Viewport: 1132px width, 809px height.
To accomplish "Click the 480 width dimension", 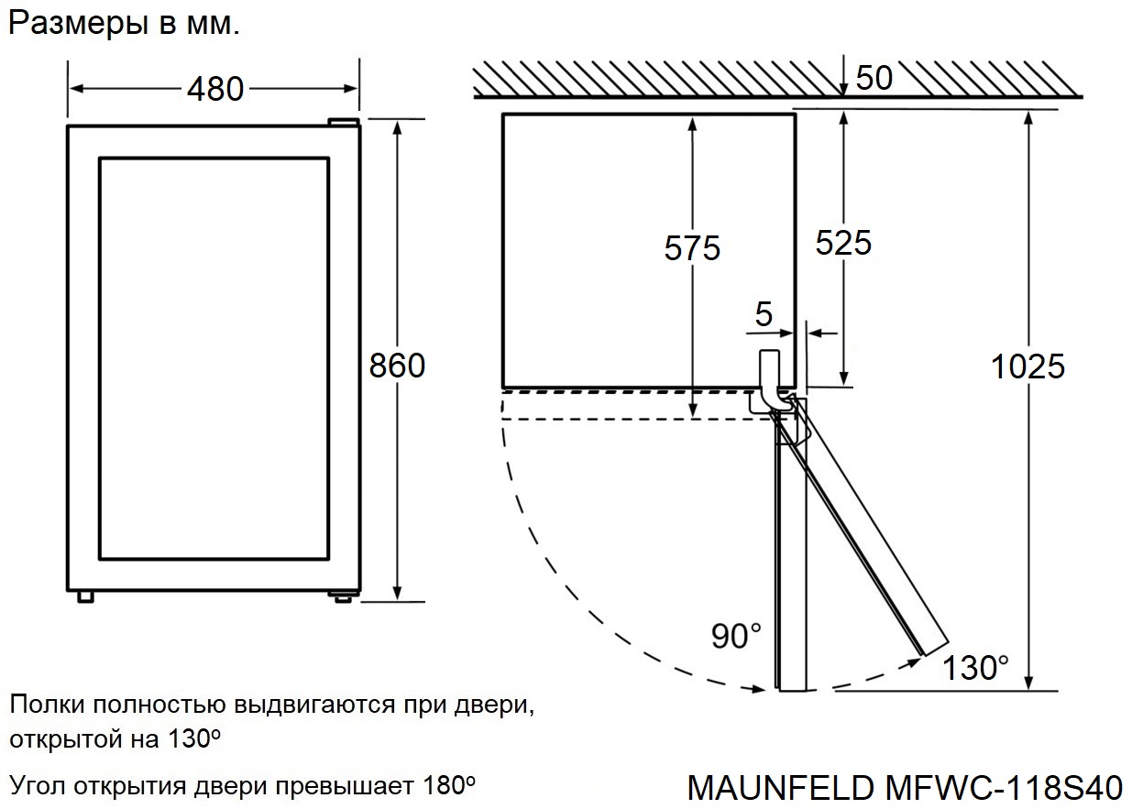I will click(x=215, y=89).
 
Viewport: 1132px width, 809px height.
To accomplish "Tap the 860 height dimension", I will click(x=397, y=366).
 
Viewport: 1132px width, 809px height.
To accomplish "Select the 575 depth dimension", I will click(x=693, y=247).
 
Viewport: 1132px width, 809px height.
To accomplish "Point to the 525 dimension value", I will click(x=843, y=242).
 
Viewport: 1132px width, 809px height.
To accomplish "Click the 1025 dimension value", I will click(x=1028, y=366).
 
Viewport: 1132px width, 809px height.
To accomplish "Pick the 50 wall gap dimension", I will click(x=874, y=79).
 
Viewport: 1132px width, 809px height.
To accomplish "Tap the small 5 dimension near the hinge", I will click(x=764, y=315).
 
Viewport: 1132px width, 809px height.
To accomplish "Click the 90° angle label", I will click(x=736, y=635).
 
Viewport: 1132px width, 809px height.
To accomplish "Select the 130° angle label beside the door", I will click(x=978, y=668).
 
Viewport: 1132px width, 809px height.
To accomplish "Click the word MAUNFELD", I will click(x=780, y=787).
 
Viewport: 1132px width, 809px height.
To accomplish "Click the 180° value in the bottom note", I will click(x=449, y=785).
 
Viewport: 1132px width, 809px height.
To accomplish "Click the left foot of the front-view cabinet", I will click(x=85, y=596).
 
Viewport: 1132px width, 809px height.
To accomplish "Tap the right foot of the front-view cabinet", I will click(x=343, y=596).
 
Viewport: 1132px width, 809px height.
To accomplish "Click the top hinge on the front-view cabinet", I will click(x=344, y=121).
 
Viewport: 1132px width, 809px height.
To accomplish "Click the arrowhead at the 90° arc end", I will click(x=760, y=689).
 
